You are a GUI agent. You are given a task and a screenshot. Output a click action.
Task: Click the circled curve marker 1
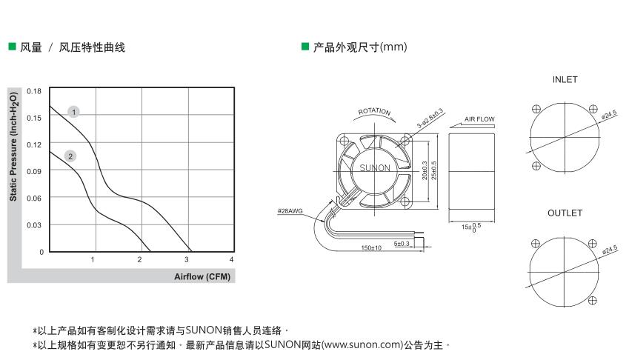pyautogui.click(x=73, y=111)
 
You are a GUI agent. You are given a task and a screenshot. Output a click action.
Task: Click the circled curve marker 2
pyautogui.click(x=70, y=156)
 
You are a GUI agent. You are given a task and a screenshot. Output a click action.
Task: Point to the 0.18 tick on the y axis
pyautogui.click(x=34, y=91)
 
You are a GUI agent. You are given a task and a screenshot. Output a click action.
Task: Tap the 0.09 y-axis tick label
pyautogui.click(x=34, y=171)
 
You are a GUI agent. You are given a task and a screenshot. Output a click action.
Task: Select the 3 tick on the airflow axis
pyautogui.click(x=187, y=259)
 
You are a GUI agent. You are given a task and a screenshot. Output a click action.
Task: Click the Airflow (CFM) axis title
pyautogui.click(x=202, y=276)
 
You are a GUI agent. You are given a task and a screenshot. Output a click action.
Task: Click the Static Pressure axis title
pyautogui.click(x=13, y=147)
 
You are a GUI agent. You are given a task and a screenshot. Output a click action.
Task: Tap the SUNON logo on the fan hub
pyautogui.click(x=375, y=168)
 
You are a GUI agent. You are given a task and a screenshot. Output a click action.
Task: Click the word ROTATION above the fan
pyautogui.click(x=374, y=111)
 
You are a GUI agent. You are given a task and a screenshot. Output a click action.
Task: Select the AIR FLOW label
pyautogui.click(x=479, y=119)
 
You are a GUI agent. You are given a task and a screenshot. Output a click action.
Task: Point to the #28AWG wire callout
pyautogui.click(x=290, y=211)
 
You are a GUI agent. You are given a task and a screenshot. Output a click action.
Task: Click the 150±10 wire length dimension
pyautogui.click(x=371, y=247)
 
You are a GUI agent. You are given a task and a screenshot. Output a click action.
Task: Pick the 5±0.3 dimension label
pyautogui.click(x=402, y=244)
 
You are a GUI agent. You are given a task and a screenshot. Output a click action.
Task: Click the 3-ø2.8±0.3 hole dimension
pyautogui.click(x=430, y=118)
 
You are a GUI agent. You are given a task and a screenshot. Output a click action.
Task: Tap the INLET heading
pyautogui.click(x=565, y=79)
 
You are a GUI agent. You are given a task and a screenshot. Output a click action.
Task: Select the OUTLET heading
pyautogui.click(x=565, y=213)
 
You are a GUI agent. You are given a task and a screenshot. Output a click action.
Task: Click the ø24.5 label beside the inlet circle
pyautogui.click(x=609, y=115)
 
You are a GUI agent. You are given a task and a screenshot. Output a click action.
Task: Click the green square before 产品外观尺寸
pyautogui.click(x=305, y=47)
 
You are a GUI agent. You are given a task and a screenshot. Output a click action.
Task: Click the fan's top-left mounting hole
pyautogui.click(x=345, y=141)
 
